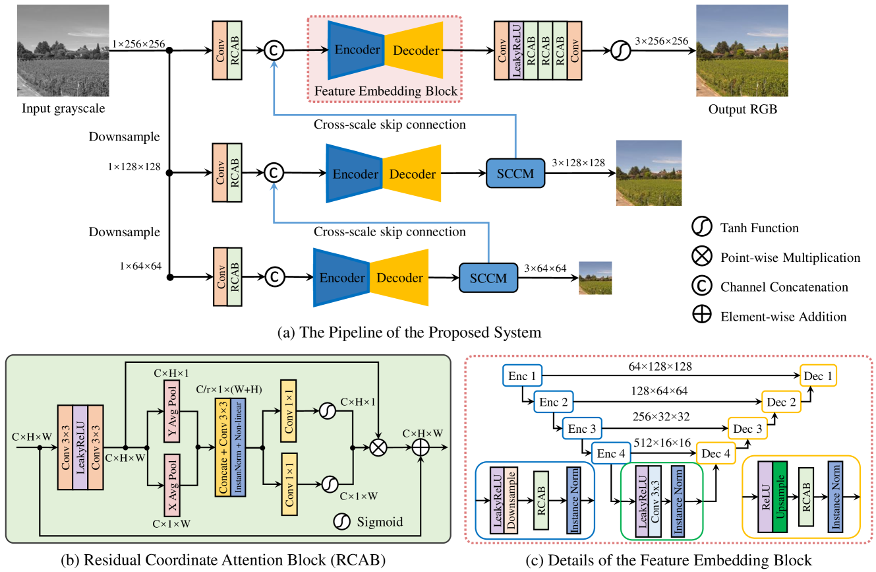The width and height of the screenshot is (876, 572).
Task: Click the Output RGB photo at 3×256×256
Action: click(x=742, y=51)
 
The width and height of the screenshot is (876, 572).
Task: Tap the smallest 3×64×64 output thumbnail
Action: click(x=595, y=278)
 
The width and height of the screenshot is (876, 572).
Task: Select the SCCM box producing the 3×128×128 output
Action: click(x=515, y=174)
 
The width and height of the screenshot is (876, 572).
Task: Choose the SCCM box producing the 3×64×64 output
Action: click(x=488, y=278)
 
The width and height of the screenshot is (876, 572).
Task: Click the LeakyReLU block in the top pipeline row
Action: click(x=517, y=50)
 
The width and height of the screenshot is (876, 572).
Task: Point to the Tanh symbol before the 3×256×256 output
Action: click(x=620, y=51)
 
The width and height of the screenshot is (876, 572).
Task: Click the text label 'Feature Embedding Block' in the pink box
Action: click(x=386, y=91)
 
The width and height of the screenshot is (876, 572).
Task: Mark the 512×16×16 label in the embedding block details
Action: click(x=662, y=443)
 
